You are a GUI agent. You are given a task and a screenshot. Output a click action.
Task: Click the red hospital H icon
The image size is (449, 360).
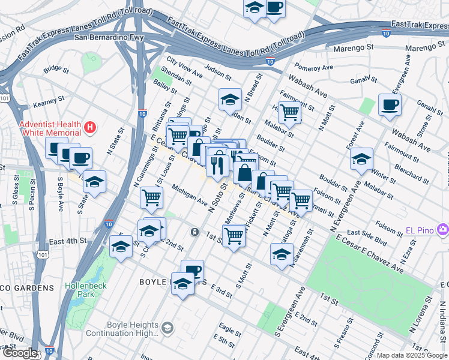(x=89, y=127)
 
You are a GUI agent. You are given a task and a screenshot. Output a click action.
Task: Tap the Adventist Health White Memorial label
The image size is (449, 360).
(x=50, y=128)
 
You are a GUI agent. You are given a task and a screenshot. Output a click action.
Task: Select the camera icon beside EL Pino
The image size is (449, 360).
(x=443, y=229)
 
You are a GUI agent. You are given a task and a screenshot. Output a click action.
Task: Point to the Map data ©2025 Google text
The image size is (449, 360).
(x=412, y=355)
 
